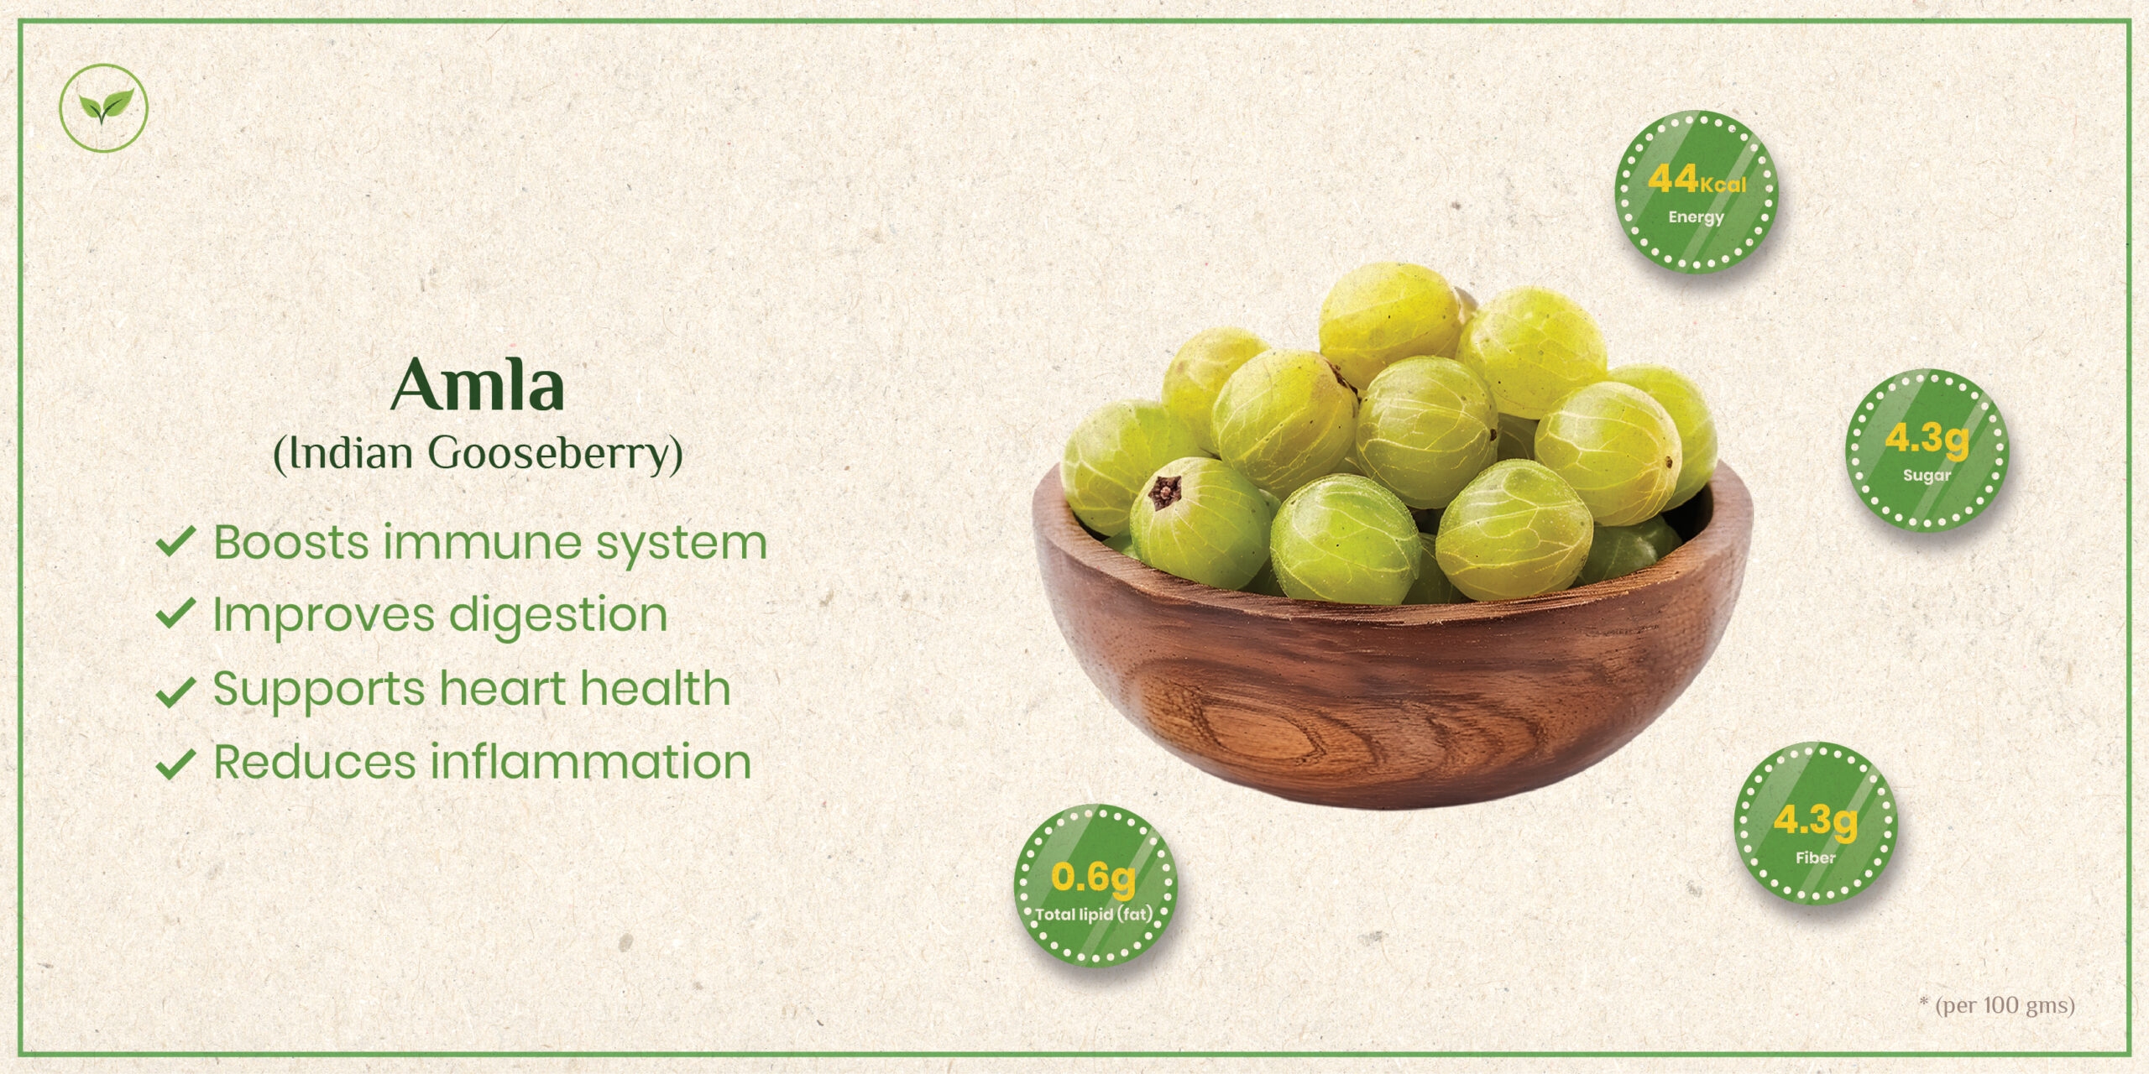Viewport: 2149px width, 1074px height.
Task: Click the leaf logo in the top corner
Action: [x=103, y=107]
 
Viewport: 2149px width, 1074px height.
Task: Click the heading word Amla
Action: [x=477, y=384]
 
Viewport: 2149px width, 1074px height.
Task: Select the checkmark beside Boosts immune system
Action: [x=176, y=542]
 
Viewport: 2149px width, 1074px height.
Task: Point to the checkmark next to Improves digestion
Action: [x=176, y=614]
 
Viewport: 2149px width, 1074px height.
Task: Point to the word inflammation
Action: [x=591, y=762]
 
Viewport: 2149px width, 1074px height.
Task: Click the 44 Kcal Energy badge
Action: [x=1697, y=192]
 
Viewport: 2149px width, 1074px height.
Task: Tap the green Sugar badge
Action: [x=1927, y=450]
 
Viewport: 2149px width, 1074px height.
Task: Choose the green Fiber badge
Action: [x=1816, y=823]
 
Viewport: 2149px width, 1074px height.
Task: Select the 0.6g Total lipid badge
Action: [x=1095, y=885]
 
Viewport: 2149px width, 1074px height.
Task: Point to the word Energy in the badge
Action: [x=1696, y=217]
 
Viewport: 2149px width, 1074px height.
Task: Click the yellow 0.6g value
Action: [x=1093, y=878]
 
